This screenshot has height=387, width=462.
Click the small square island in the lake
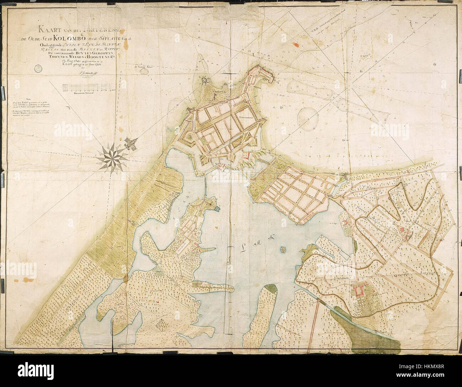[283, 250]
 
